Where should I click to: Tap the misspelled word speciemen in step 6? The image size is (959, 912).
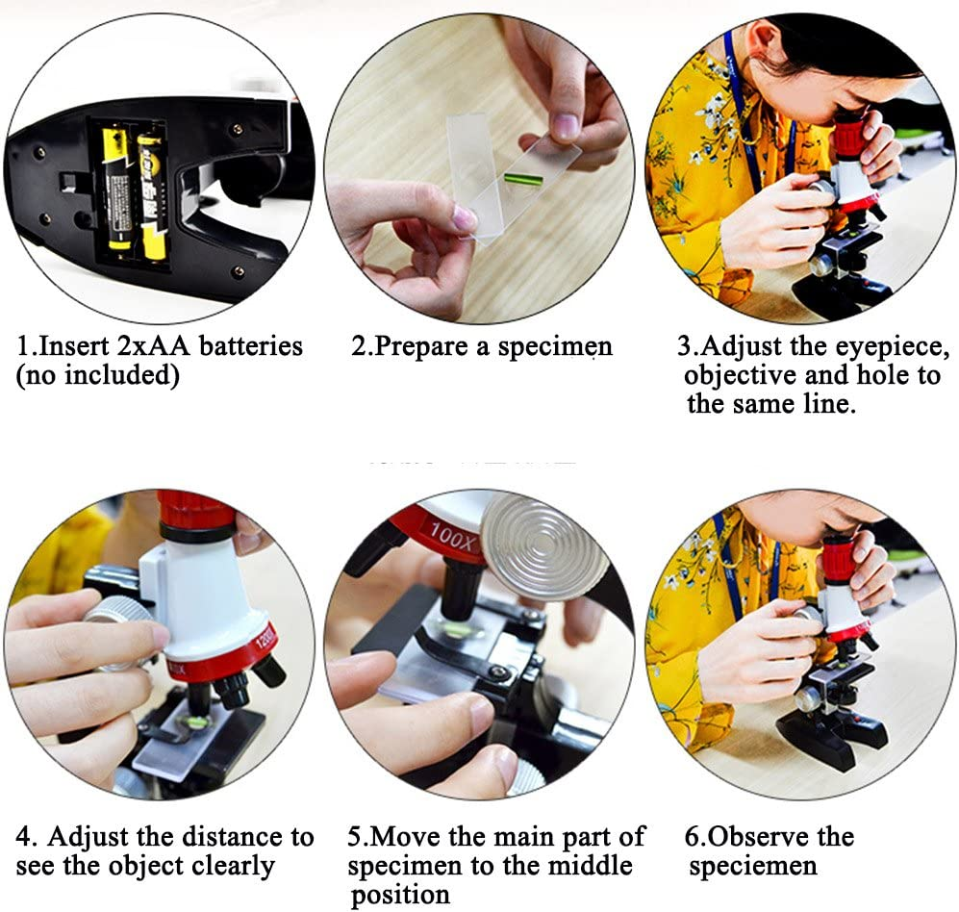pos(752,866)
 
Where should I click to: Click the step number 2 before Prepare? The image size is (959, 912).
pos(359,346)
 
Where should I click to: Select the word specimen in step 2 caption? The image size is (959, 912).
pos(555,346)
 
